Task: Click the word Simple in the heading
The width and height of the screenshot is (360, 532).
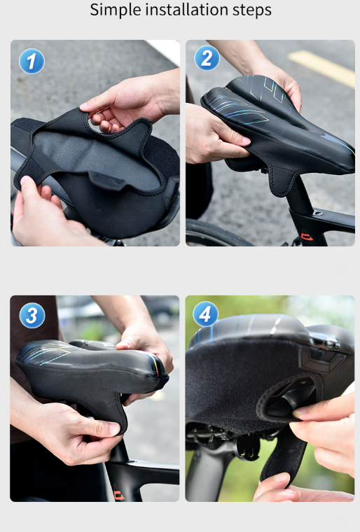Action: click(x=115, y=10)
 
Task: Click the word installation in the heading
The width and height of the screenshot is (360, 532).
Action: click(x=187, y=9)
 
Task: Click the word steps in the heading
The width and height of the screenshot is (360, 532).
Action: click(x=252, y=10)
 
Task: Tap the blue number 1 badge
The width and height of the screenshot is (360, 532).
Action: click(x=32, y=61)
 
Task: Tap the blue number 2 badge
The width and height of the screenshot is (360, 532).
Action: click(x=207, y=58)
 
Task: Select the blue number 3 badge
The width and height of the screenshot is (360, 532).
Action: click(x=32, y=315)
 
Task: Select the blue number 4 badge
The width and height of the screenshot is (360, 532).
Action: click(x=205, y=314)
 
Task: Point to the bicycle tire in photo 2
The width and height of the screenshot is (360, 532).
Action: click(x=214, y=232)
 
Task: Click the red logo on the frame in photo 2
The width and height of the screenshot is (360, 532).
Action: click(x=307, y=236)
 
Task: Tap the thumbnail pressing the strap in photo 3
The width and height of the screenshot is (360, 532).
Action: click(x=115, y=428)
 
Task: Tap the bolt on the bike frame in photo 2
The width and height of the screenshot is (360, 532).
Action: click(x=317, y=213)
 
